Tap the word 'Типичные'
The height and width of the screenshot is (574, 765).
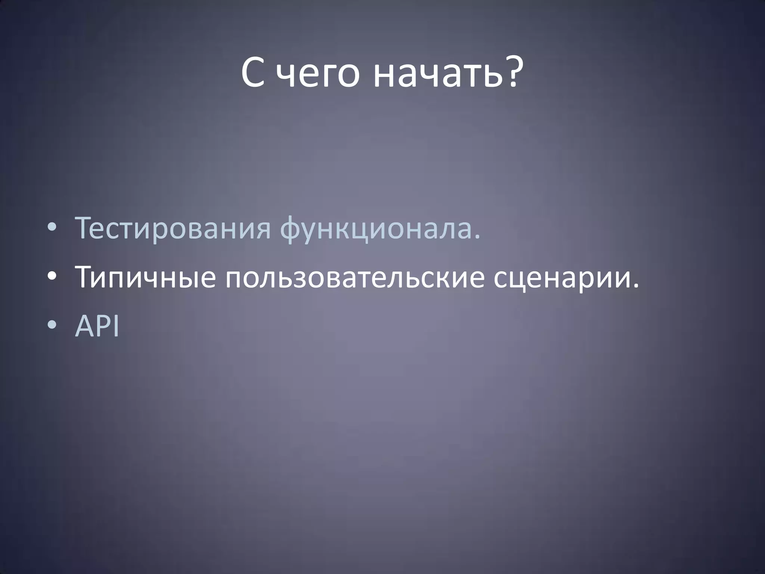146,278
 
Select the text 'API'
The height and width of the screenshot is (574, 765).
97,326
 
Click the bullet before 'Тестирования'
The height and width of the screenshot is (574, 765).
53,229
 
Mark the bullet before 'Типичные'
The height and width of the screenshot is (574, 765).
53,278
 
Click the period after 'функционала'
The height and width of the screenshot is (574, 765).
476,237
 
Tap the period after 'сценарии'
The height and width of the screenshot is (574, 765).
636,286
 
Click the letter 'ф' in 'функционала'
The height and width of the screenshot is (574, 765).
291,229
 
